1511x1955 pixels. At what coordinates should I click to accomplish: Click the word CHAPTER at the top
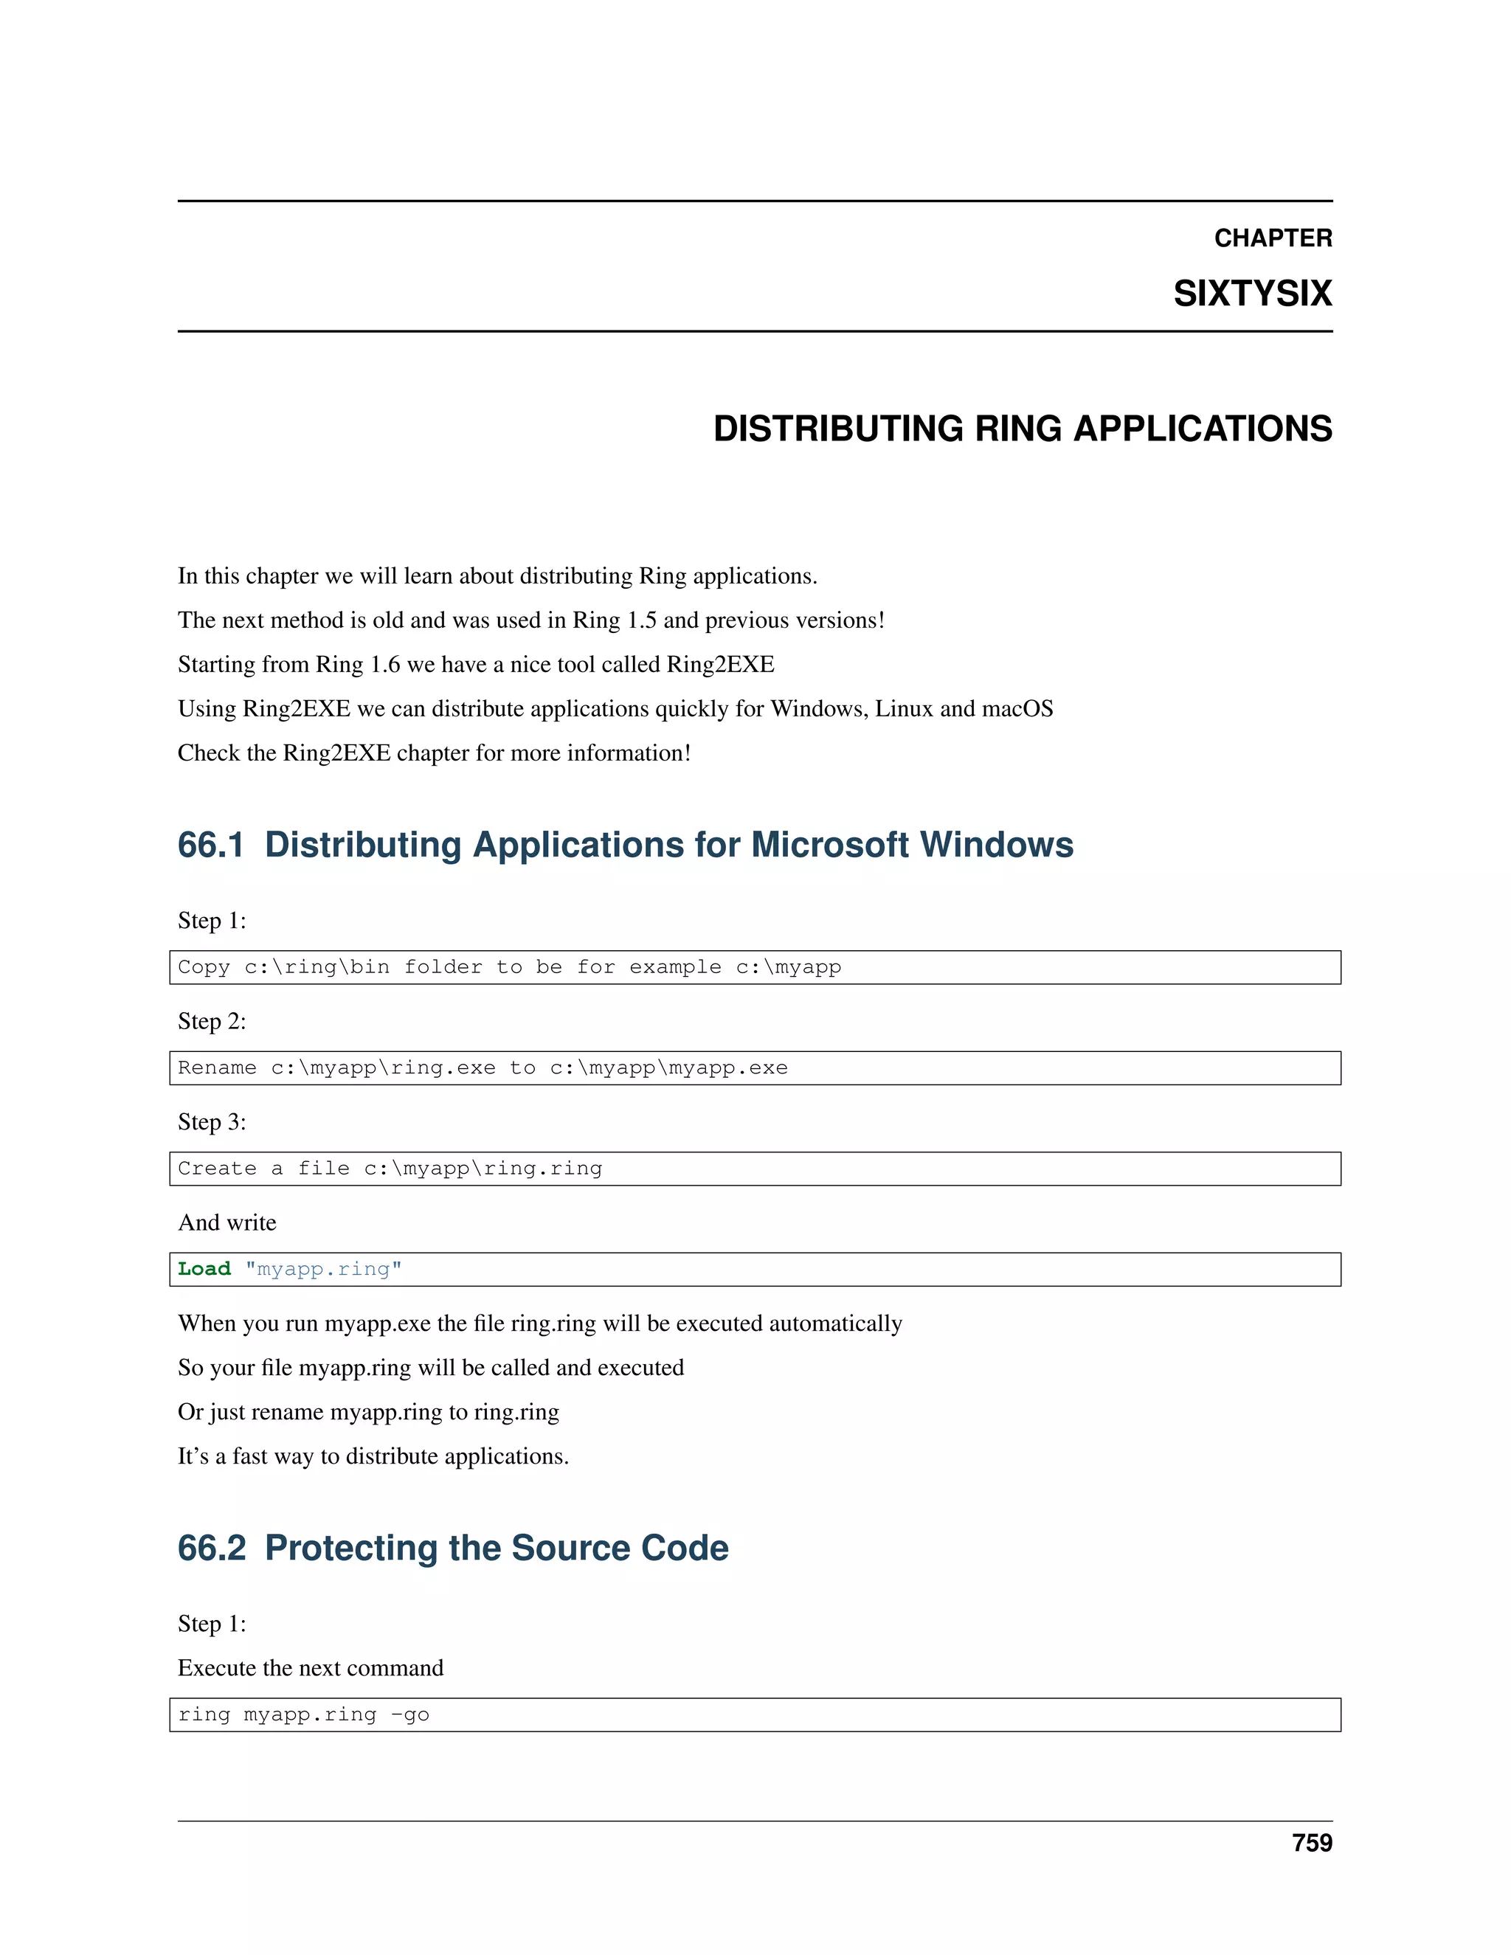(1272, 238)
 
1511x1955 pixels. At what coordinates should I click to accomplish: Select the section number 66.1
(210, 845)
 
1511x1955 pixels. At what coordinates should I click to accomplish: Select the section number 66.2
(211, 1548)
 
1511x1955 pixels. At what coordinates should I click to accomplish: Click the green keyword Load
(204, 1270)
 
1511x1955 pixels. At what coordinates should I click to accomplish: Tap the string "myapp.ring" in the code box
(323, 1270)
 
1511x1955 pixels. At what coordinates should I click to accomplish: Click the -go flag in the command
(410, 1714)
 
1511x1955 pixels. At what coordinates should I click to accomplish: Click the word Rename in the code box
(217, 1068)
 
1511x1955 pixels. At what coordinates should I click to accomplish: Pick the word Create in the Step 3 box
(217, 1168)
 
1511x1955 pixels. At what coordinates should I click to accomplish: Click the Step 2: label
(211, 1021)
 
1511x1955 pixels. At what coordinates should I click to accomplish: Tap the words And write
(227, 1222)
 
